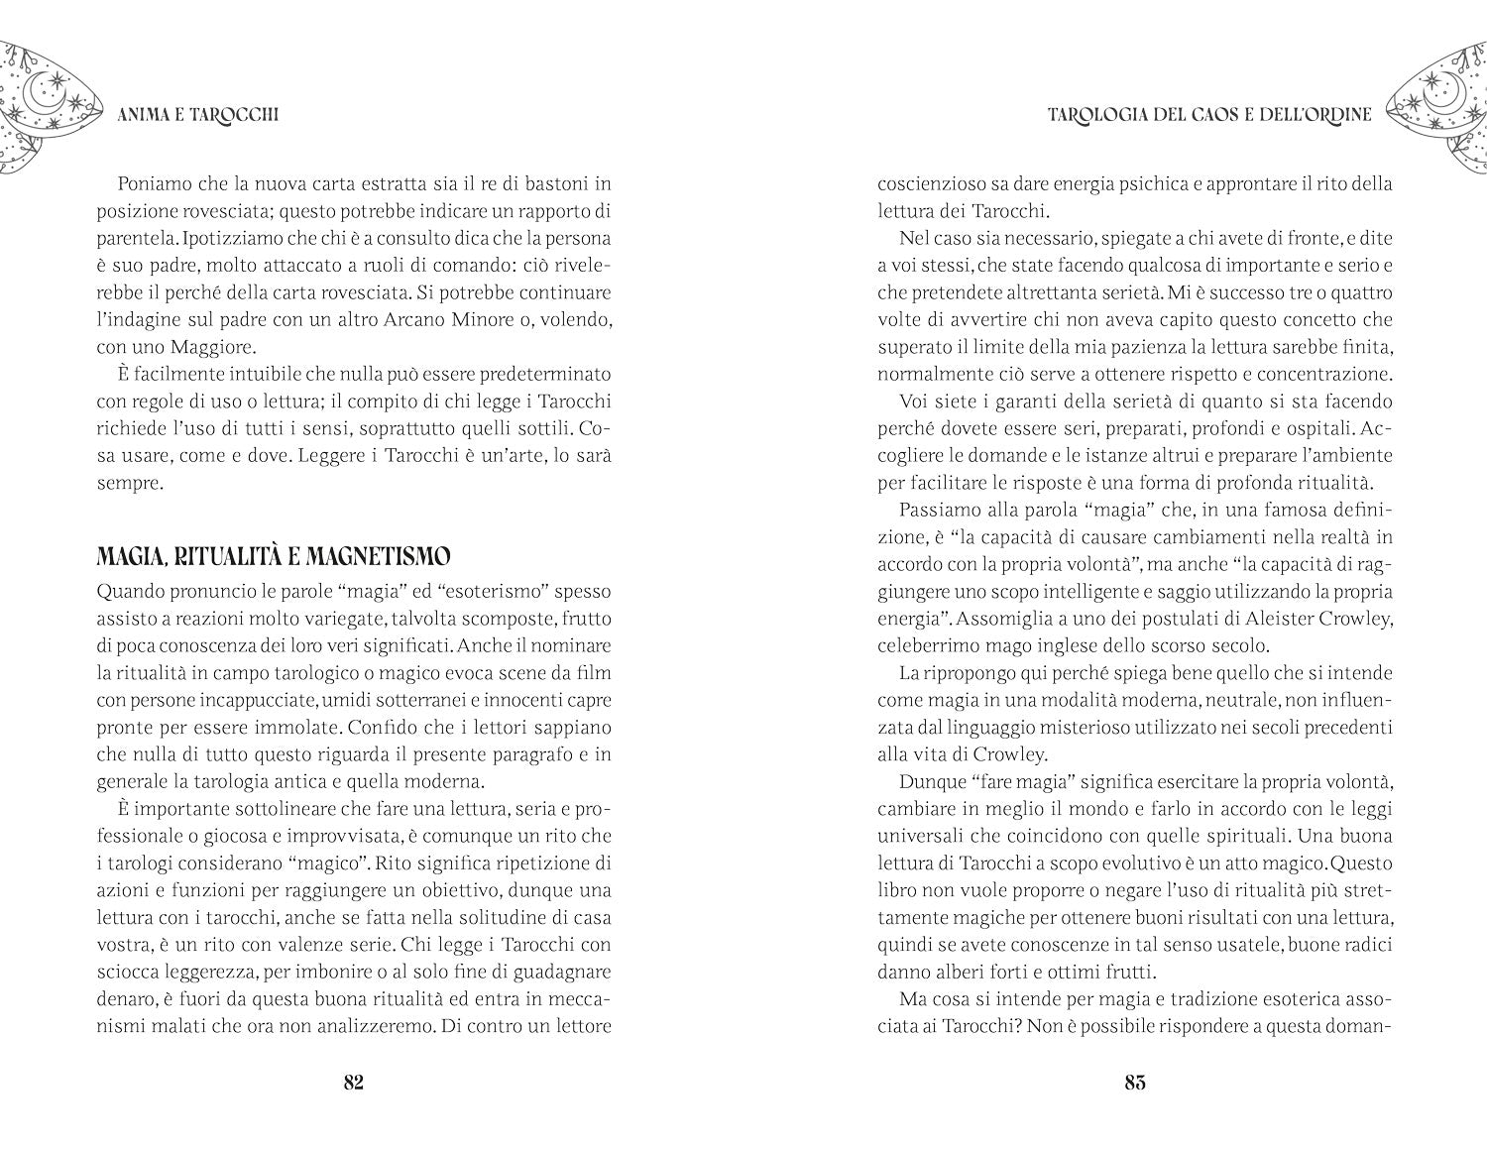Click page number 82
354,1082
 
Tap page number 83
1135,1082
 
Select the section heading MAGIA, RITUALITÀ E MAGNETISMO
274,556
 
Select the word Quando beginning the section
132,592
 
